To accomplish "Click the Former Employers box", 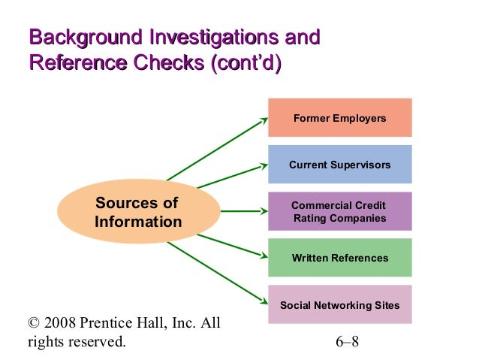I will pos(339,118).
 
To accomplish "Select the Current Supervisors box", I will pos(339,165).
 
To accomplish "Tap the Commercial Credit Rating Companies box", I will pos(339,211).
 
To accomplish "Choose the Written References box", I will pos(339,258).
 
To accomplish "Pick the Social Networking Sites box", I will pos(339,305).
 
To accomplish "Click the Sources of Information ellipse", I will pos(138,213).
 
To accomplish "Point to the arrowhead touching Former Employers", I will pos(264,119).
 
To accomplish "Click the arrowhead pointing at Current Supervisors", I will pos(264,165).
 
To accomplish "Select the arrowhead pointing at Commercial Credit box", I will pos(264,212).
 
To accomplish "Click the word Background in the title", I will pos(84,37).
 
